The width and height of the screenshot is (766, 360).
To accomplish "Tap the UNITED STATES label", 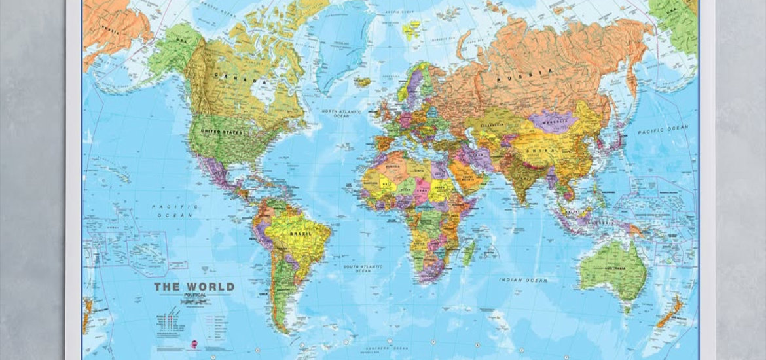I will pos(225,132).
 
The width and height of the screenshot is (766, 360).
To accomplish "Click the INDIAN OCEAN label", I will pos(522,280).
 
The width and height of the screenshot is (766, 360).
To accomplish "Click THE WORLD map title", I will pos(193,287).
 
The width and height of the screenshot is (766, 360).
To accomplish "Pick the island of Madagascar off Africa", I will pos(468,252).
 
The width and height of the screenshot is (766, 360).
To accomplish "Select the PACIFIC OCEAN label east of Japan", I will pos(665,130).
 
